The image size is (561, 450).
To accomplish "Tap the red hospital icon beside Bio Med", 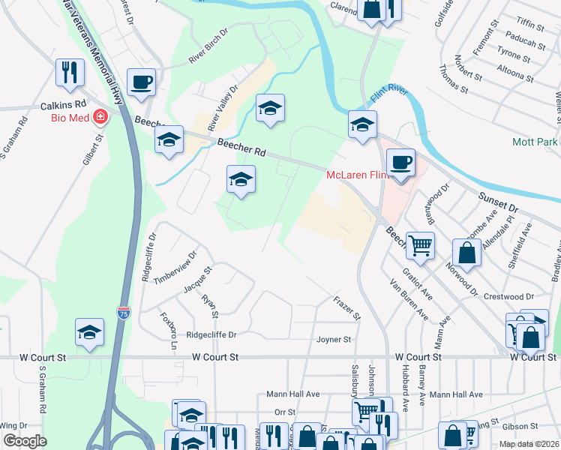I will (100, 117).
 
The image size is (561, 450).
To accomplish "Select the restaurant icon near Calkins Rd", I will (69, 73).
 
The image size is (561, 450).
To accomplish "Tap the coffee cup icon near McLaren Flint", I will (400, 162).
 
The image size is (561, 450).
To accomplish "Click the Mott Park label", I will (535, 142).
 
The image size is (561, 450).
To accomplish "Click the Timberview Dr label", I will (175, 265).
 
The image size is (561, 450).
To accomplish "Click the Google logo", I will (25, 442).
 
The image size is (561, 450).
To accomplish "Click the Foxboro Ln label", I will (168, 330).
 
